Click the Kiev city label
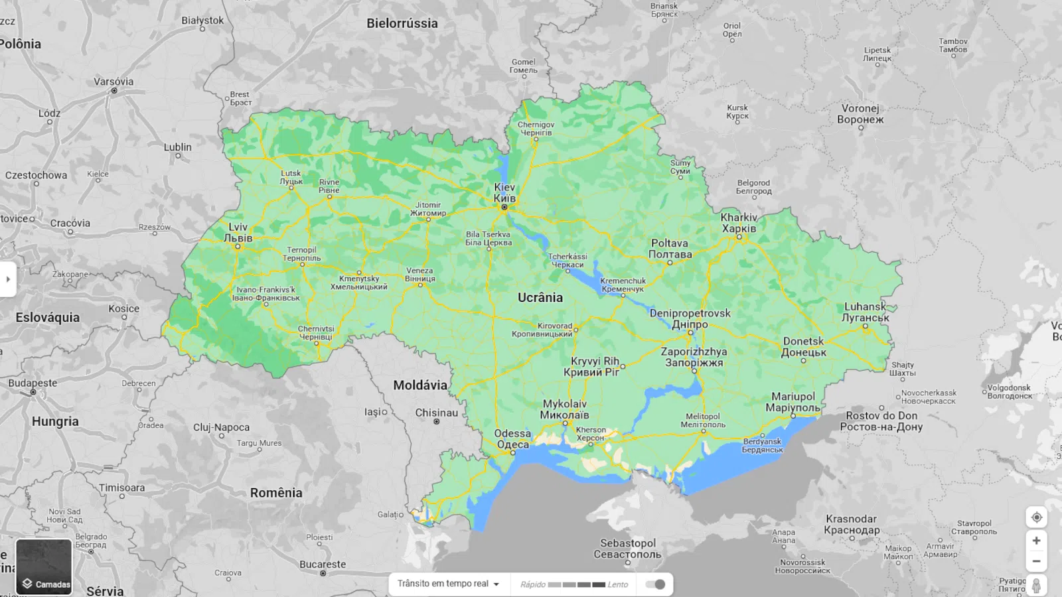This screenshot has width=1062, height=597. click(504, 192)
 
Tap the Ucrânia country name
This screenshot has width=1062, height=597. click(540, 298)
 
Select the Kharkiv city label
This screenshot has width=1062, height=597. click(739, 223)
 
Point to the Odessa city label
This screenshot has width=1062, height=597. click(512, 438)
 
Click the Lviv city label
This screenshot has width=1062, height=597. click(238, 232)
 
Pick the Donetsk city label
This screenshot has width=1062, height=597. click(803, 346)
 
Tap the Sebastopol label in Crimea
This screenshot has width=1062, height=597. click(627, 549)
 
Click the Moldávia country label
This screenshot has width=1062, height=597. click(419, 385)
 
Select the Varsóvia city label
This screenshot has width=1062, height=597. click(114, 82)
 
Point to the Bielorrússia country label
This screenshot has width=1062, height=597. click(402, 23)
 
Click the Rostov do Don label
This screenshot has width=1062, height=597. click(881, 421)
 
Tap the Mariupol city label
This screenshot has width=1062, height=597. click(793, 401)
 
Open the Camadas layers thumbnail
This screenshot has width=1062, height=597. click(44, 566)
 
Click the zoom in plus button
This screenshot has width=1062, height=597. click(1036, 541)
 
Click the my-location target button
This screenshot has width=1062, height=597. click(1036, 517)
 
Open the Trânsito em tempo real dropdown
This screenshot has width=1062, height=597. click(448, 584)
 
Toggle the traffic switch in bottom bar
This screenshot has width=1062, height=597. click(655, 584)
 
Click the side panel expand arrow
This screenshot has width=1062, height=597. click(7, 279)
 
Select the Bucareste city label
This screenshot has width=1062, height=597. click(322, 564)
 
